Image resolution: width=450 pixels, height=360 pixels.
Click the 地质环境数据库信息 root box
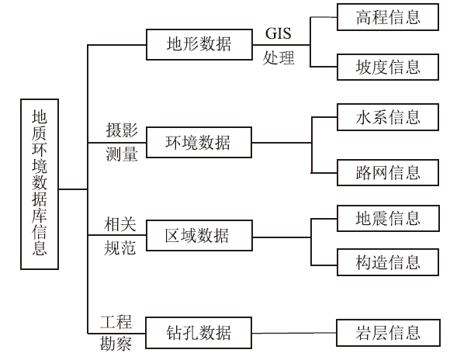[40, 185]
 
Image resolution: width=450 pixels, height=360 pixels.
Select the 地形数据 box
[199, 44]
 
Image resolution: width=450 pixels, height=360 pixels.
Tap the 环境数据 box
[199, 143]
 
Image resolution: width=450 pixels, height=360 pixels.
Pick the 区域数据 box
[199, 236]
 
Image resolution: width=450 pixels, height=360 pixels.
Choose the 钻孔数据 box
[199, 333]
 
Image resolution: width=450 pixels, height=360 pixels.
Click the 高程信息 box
[388, 17]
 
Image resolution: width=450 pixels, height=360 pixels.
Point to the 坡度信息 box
[388, 67]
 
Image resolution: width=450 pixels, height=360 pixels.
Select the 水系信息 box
[388, 117]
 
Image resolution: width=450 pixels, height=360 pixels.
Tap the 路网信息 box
[388, 172]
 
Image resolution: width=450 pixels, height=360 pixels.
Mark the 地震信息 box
[388, 218]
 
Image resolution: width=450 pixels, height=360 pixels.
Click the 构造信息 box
[388, 262]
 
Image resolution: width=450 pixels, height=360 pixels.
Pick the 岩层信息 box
[388, 333]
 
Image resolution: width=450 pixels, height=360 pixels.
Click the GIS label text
[278, 33]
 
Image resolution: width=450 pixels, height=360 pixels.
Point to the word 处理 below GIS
[279, 58]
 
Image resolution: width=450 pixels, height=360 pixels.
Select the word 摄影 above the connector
[122, 130]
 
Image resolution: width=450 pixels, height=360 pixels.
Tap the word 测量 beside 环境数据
[122, 154]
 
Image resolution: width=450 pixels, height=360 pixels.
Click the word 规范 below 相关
[119, 247]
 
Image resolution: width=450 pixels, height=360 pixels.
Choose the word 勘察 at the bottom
[116, 344]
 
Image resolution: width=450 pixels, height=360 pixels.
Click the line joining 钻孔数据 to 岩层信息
[294, 333]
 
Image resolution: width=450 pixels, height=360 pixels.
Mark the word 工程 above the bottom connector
[116, 322]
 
